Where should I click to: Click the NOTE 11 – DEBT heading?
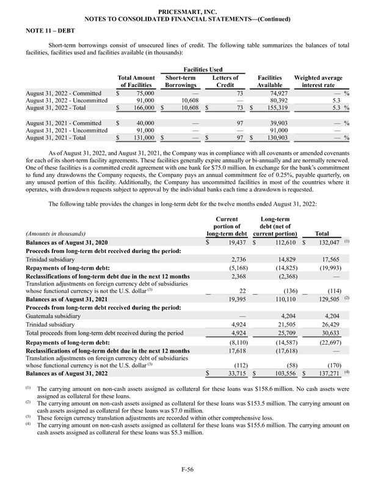46,30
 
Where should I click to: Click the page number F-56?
188,468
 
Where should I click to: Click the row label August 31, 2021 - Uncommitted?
63,130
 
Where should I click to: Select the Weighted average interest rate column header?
318,82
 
